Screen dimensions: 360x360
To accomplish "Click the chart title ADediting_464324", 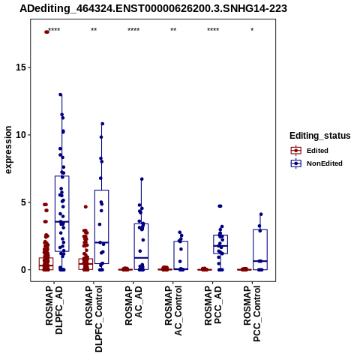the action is [153, 9].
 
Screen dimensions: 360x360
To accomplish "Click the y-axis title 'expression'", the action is [8, 150].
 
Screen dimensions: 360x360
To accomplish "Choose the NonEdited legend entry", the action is [316, 163].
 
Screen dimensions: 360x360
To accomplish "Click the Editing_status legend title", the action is [320, 136].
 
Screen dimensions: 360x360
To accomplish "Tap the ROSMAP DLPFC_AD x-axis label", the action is [54, 310].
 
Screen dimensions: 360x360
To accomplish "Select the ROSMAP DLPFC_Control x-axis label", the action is [94, 319].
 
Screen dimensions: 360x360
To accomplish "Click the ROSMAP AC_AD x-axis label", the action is [133, 306].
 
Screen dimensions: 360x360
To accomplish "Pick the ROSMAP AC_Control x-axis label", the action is [173, 310].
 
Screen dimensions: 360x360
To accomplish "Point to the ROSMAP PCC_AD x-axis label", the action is [213, 305].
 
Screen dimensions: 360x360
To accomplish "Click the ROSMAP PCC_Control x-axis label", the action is [252, 313].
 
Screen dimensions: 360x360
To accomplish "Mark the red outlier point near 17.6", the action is [46, 31].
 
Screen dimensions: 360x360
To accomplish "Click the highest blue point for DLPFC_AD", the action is [61, 94].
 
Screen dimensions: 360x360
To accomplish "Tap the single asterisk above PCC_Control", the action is [252, 30].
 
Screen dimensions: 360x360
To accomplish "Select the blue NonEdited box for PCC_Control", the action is [260, 250].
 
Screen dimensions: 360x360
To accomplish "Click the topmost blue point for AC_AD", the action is [142, 179].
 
